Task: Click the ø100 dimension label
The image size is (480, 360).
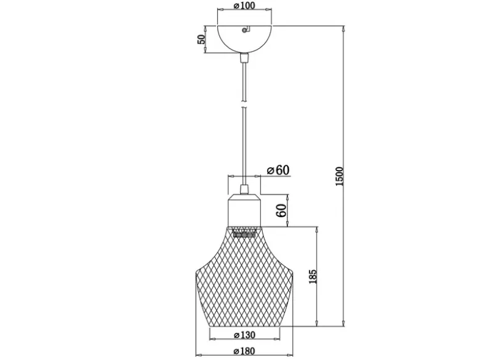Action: (244, 5)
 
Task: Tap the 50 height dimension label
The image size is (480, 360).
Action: (201, 39)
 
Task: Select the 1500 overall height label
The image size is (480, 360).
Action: (340, 177)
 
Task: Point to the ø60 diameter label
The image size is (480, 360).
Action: (278, 170)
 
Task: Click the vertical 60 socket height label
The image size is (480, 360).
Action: (281, 210)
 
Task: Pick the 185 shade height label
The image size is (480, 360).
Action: (313, 276)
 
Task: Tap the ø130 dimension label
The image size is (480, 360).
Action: (244, 335)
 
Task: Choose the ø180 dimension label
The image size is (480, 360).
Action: (244, 351)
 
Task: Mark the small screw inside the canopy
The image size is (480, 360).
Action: (244, 30)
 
